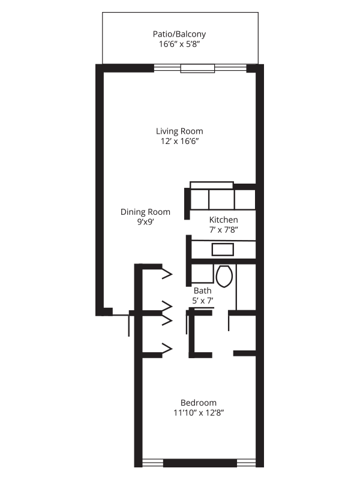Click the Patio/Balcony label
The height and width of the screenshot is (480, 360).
[x=179, y=34]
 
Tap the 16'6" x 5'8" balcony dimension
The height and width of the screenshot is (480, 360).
[x=179, y=44]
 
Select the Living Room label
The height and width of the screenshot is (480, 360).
[x=179, y=131]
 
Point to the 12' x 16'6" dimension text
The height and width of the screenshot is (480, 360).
[x=180, y=141]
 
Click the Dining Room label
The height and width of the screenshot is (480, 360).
[x=145, y=212]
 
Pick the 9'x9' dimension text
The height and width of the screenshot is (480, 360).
[x=145, y=222]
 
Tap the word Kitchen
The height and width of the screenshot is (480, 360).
[x=223, y=220]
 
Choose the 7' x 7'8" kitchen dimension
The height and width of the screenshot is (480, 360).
[x=224, y=230]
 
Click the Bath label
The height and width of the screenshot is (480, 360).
[x=202, y=290]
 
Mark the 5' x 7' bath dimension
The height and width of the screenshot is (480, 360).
[x=203, y=301]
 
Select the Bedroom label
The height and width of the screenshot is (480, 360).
[x=199, y=403]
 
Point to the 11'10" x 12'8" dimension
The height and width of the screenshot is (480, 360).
[x=199, y=413]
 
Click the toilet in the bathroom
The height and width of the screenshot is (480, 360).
[x=224, y=276]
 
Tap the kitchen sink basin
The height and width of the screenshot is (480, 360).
[x=223, y=250]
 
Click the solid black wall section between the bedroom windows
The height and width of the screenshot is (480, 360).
[x=200, y=463]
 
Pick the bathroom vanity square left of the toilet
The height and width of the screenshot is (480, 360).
[x=202, y=274]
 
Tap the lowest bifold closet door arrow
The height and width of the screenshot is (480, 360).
[x=167, y=349]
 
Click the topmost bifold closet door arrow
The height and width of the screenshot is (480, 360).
[x=167, y=274]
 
